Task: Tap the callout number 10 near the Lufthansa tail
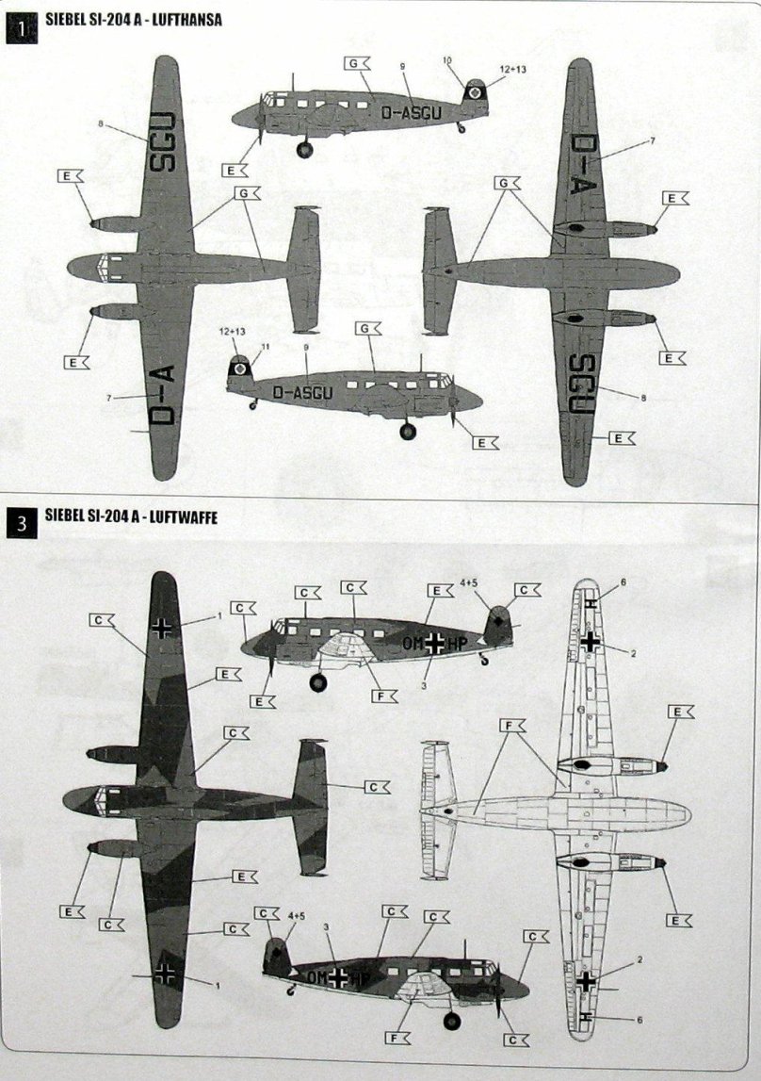[448, 60]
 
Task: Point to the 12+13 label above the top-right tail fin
[515, 69]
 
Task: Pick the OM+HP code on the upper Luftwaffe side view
[436, 643]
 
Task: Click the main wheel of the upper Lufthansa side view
[304, 149]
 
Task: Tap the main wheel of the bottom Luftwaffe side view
[454, 1021]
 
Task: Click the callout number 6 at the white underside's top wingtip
[623, 582]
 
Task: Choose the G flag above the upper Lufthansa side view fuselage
[359, 64]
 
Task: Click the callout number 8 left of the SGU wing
[99, 123]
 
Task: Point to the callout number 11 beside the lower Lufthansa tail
[266, 347]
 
